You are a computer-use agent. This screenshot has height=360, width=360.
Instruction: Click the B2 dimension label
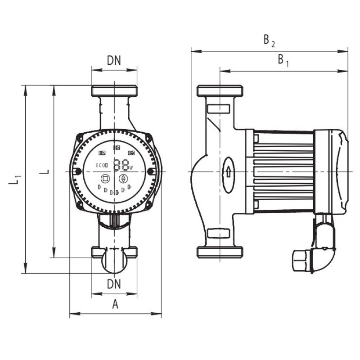pyautogui.click(x=269, y=41)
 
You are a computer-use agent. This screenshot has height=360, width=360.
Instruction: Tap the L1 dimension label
pyautogui.click(x=15, y=179)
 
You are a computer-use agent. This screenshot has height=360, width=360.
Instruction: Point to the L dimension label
pyautogui.click(x=45, y=171)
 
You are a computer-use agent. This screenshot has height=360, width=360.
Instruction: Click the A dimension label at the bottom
pyautogui.click(x=115, y=305)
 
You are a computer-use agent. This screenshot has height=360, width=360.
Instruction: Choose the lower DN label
pyautogui.click(x=114, y=284)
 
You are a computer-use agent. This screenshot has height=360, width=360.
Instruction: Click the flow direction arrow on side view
pyautogui.click(x=228, y=172)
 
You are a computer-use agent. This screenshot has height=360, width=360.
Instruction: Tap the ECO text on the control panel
pyautogui.click(x=101, y=166)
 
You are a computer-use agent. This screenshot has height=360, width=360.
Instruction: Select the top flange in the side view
pyautogui.click(x=220, y=91)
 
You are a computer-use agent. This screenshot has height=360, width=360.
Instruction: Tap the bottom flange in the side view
pyautogui.click(x=220, y=252)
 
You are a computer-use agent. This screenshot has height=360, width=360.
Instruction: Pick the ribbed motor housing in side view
pyautogui.click(x=283, y=171)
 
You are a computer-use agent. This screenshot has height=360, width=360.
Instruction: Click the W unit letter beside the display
pyautogui.click(x=131, y=168)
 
